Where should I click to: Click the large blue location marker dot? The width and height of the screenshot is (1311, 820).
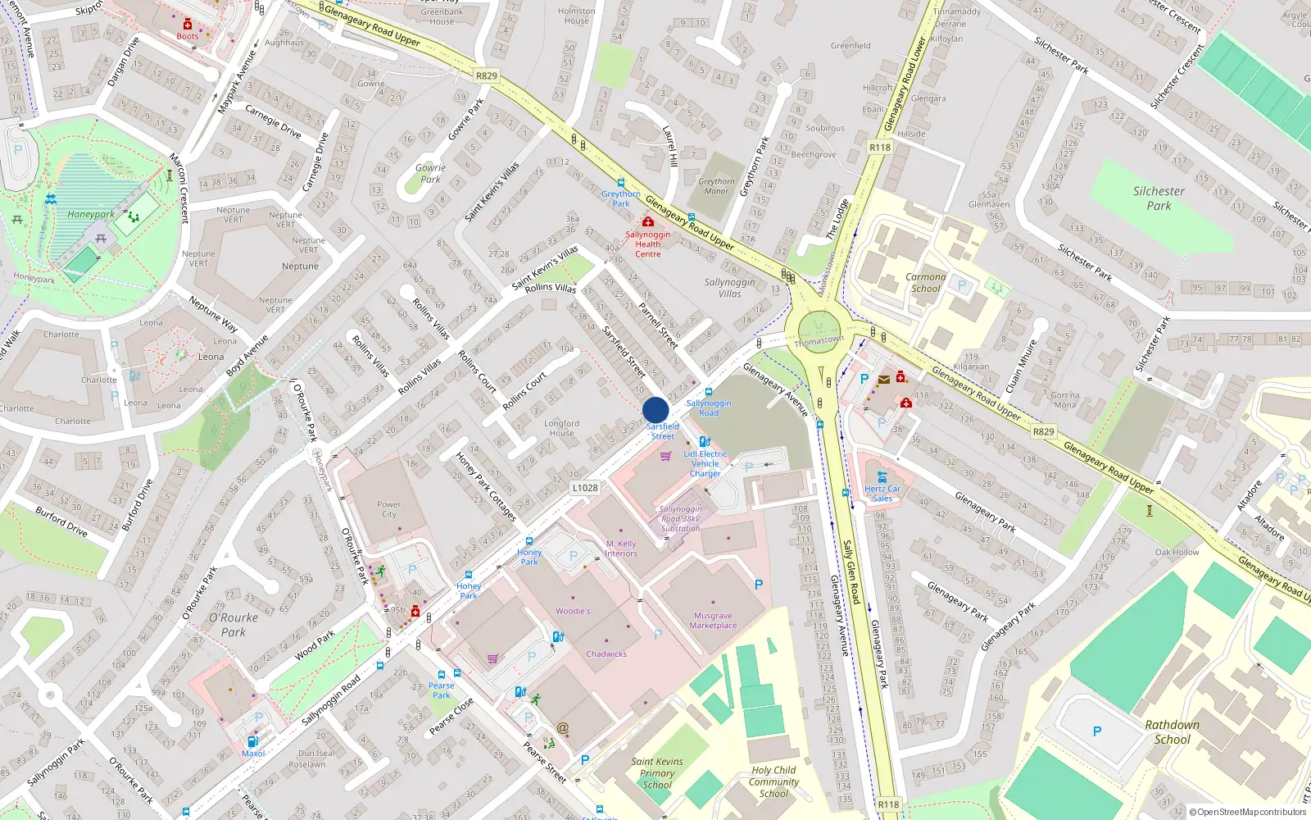655,410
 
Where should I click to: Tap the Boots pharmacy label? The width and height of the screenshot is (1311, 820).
188,36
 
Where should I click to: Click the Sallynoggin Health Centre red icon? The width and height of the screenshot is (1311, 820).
648,222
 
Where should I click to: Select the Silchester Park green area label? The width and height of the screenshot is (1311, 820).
1159,198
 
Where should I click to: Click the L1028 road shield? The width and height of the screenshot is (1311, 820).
585,488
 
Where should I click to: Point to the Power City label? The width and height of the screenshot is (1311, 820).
389,509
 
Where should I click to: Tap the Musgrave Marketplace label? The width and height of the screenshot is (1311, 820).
713,621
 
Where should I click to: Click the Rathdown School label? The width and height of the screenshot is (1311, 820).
1172,732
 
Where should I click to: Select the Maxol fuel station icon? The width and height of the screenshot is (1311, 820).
252,741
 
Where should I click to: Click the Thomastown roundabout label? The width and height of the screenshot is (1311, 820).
819,340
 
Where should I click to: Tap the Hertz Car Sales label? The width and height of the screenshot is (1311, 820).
882,494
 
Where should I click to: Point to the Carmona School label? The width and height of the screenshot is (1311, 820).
926,283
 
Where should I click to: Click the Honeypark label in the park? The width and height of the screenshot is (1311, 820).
91,215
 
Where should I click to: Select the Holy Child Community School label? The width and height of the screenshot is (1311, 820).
773,781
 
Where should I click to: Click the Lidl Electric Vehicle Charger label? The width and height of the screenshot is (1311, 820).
705,463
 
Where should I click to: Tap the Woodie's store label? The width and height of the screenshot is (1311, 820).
573,611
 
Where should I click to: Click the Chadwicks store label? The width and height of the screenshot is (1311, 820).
606,654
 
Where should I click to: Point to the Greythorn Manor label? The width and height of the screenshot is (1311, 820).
716,186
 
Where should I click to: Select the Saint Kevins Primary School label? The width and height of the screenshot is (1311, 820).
657,772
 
